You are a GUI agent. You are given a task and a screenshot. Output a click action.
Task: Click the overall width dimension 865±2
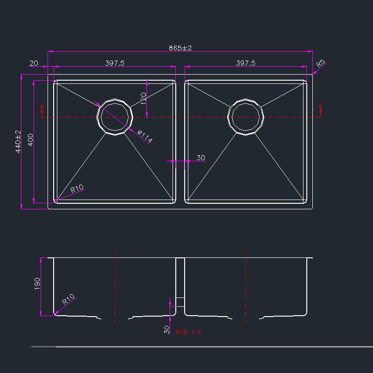(x=180, y=48)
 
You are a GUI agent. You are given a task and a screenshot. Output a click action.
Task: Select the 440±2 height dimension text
(x=19, y=141)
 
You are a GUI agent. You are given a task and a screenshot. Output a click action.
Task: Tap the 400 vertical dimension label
(x=30, y=140)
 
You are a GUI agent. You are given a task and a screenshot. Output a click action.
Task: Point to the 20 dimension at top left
(x=34, y=63)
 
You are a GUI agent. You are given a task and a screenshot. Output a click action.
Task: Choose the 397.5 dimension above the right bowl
(x=246, y=63)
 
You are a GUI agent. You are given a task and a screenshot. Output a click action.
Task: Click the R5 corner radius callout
(x=321, y=64)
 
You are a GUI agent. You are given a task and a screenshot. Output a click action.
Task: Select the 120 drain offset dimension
(x=144, y=98)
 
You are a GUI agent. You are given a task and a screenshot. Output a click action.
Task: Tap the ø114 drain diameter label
(x=145, y=137)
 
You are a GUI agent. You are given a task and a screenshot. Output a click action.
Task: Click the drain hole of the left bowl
(x=115, y=117)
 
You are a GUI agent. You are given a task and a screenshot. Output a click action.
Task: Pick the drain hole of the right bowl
(x=246, y=117)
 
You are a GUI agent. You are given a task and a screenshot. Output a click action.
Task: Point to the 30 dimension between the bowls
(x=200, y=158)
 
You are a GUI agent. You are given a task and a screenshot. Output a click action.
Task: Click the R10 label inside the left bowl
(x=76, y=189)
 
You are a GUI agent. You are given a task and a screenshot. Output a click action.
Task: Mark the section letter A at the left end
(x=42, y=107)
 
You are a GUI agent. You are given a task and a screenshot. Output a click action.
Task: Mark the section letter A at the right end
(x=320, y=106)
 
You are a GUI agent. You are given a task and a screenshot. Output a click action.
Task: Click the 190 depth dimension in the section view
(x=37, y=283)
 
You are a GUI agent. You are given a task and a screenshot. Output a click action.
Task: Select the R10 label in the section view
(x=69, y=299)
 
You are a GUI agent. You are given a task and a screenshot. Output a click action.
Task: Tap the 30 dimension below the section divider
(x=166, y=330)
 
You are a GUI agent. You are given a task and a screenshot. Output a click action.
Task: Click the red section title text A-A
(x=188, y=332)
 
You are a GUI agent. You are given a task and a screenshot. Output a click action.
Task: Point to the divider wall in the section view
(x=180, y=284)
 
